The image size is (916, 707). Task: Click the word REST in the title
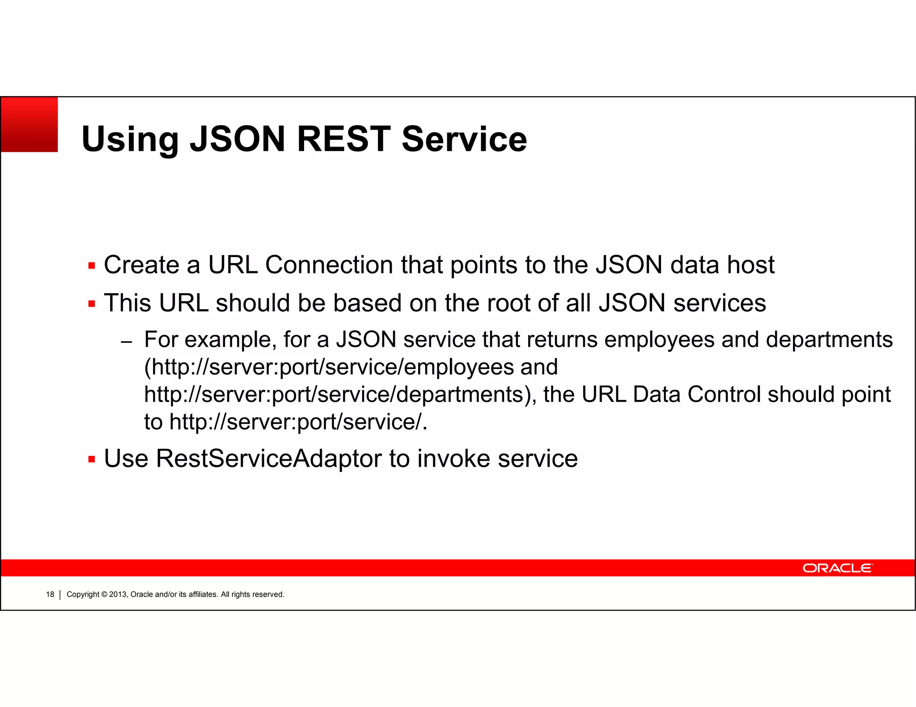pos(343,139)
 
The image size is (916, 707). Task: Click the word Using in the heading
pos(130,140)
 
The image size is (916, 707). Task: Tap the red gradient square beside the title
pos(30,125)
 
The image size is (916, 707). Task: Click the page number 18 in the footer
pos(50,594)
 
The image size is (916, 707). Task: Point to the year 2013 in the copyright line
pos(118,594)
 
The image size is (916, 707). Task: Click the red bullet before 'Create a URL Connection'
pos(92,266)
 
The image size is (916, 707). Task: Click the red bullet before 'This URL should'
pos(92,304)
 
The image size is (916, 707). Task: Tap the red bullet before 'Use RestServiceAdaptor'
pos(92,459)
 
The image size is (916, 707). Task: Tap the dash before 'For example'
pos(127,342)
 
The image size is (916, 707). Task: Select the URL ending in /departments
pos(334,395)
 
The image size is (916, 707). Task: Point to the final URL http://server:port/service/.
pos(295,422)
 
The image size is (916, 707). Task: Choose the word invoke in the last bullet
pos(454,459)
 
